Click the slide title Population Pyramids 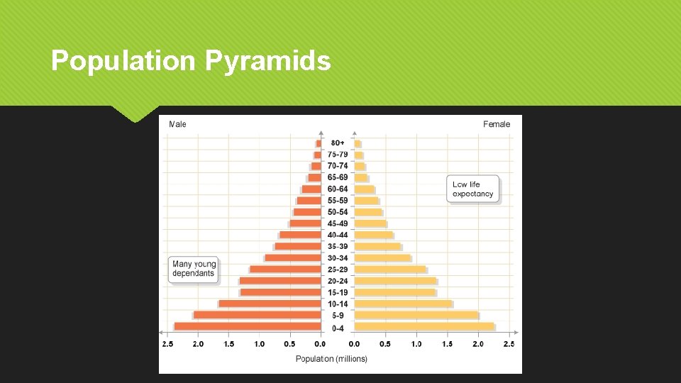pos(191,61)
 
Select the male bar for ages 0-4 pos(248,326)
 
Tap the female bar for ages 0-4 pos(424,326)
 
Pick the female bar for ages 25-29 pos(390,270)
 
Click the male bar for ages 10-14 pos(270,304)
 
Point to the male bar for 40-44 pos(300,235)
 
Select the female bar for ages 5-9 pos(416,315)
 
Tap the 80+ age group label pos(338,143)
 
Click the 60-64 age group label pos(338,189)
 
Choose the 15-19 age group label pos(338,292)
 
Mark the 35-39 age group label pos(338,246)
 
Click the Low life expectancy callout pos(472,189)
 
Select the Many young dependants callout pos(193,270)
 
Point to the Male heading pos(177,124)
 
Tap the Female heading pos(497,124)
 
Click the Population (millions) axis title pos(331,359)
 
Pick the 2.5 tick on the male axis pos(167,344)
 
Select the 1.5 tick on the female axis pos(448,344)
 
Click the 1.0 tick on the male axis pos(260,344)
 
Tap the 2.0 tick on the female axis pos(478,344)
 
